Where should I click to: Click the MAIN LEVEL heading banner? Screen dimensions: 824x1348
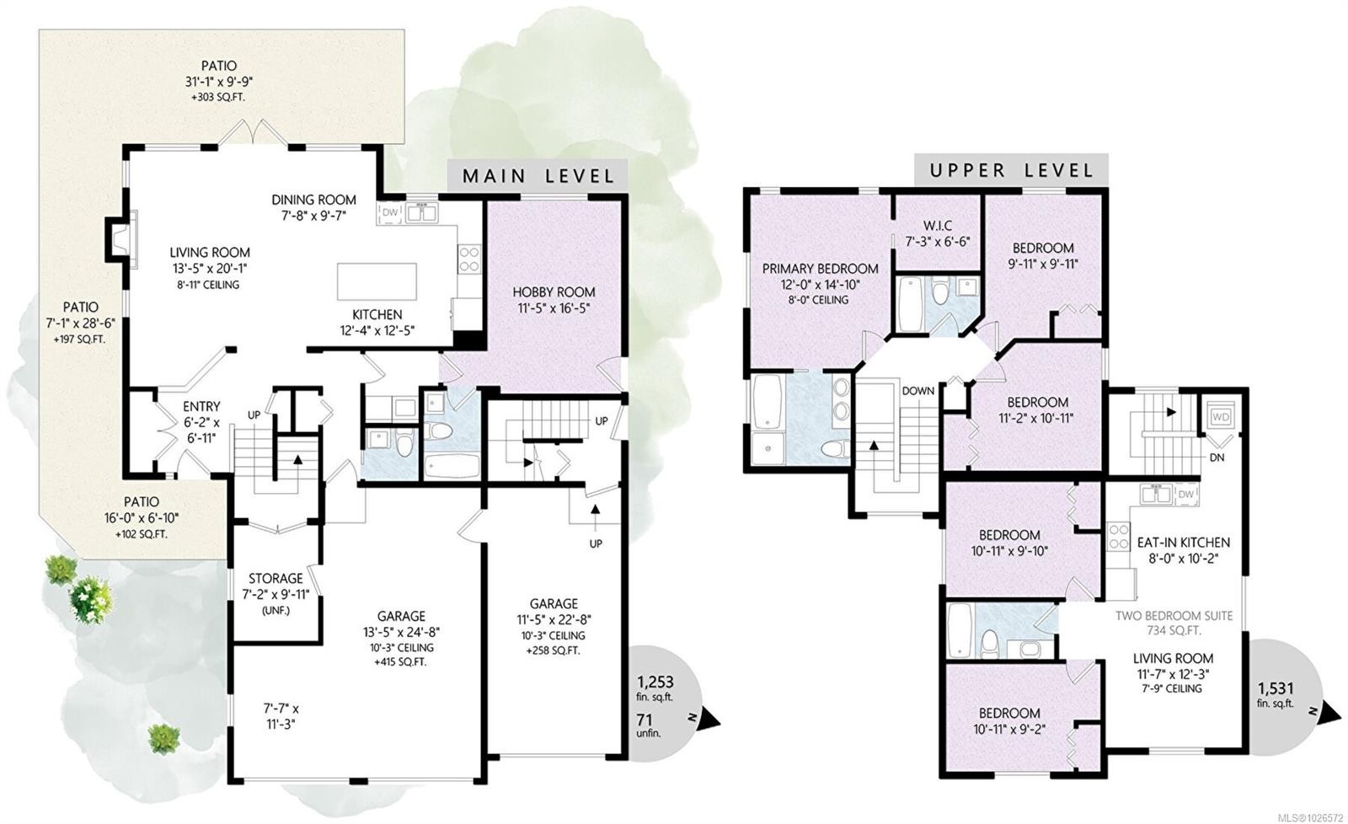pos(538,176)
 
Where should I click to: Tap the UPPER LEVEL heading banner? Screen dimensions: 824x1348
pos(1011,170)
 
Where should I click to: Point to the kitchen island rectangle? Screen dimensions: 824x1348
pos(377,281)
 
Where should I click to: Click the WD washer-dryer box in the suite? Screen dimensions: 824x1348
pos(1220,417)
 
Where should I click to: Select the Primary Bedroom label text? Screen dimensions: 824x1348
pos(820,269)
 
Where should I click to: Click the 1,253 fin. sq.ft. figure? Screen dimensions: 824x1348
pos(655,682)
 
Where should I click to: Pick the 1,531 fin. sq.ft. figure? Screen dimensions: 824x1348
pos(1275,687)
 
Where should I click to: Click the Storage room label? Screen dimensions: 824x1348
pos(275,579)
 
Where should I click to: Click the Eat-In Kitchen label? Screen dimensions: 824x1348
pos(1183,543)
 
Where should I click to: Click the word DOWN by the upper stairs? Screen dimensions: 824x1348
pos(917,391)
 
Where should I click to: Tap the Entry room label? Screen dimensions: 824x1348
pos(201,407)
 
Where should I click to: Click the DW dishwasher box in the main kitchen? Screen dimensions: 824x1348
pos(389,212)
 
